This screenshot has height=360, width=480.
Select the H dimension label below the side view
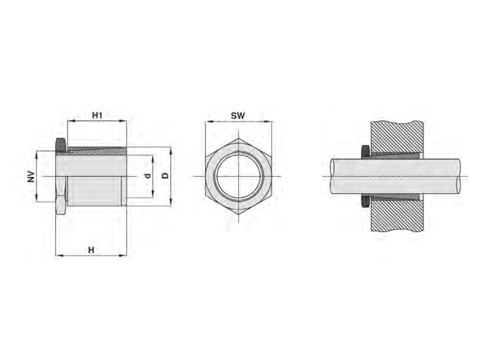click(x=91, y=250)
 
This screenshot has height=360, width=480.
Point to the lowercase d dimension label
click(x=146, y=176)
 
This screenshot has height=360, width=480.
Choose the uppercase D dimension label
click(x=164, y=176)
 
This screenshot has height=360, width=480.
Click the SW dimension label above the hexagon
click(x=238, y=115)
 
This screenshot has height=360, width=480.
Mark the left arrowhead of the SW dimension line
click(x=208, y=122)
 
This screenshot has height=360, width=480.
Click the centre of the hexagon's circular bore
click(x=238, y=177)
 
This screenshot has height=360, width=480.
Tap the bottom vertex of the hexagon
click(x=238, y=215)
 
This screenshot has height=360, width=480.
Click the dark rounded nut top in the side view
click(x=61, y=145)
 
